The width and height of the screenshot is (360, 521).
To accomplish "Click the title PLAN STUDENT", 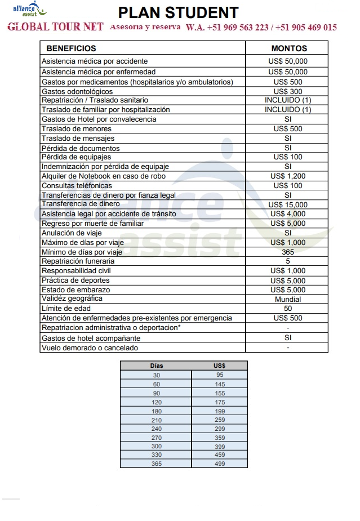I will pyautogui.click(x=179, y=12).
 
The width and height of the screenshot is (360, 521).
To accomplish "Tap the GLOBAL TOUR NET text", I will pyautogui.click(x=55, y=28).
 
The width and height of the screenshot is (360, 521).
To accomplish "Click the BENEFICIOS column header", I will pyautogui.click(x=71, y=48).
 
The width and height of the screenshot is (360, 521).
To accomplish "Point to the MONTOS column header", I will pyautogui.click(x=288, y=48).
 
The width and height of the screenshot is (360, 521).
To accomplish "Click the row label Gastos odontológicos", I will pyautogui.click(x=77, y=91).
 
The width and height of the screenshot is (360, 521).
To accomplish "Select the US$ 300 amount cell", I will pyautogui.click(x=288, y=91).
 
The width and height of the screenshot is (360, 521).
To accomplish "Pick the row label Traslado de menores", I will pyautogui.click(x=77, y=129).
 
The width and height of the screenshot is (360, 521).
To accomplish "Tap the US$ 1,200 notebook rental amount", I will pyautogui.click(x=288, y=176).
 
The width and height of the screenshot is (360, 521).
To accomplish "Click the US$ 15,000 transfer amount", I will pyautogui.click(x=288, y=204).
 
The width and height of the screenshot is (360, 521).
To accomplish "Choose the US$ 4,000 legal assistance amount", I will pyautogui.click(x=288, y=214).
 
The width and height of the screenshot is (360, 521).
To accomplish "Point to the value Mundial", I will pyautogui.click(x=288, y=299).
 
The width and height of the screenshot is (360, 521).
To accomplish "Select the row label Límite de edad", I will pyautogui.click(x=66, y=309).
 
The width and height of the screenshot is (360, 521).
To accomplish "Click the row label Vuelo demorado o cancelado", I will pyautogui.click(x=90, y=348).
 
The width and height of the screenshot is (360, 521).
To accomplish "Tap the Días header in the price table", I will pyautogui.click(x=156, y=366).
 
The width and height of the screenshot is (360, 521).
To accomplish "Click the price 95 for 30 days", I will pyautogui.click(x=220, y=375).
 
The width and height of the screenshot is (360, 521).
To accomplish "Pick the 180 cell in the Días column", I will pyautogui.click(x=156, y=411).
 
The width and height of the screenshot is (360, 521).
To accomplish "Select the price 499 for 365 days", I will pyautogui.click(x=220, y=464).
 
